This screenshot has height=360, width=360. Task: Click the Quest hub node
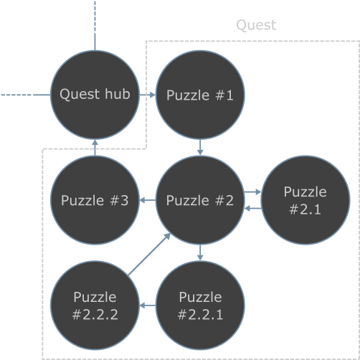(x=95, y=95)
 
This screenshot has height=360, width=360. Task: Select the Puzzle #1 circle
(x=200, y=95)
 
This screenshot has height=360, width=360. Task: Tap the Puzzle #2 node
(x=200, y=200)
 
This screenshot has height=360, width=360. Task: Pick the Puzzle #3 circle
(x=95, y=200)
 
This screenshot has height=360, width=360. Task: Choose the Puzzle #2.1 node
(x=305, y=200)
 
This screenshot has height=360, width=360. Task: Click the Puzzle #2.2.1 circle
(x=200, y=305)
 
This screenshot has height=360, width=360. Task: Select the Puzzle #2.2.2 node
(x=95, y=305)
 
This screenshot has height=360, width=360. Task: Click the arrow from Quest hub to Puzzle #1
(x=148, y=95)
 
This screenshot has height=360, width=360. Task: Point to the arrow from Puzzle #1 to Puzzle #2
(x=200, y=147)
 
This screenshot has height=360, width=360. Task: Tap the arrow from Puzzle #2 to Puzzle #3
(x=148, y=200)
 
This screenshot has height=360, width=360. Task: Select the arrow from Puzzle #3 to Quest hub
(x=95, y=148)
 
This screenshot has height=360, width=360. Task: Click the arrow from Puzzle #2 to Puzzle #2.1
(x=252, y=191)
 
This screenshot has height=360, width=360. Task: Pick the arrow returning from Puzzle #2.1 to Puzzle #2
(x=253, y=209)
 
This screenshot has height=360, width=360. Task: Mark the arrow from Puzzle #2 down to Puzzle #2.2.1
(x=200, y=252)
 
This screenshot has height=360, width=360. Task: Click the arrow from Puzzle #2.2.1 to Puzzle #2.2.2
(x=148, y=305)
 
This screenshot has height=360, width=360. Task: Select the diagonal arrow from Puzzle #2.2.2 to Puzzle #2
(x=149, y=254)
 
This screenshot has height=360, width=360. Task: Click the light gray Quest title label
(x=256, y=25)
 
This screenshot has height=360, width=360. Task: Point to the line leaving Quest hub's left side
(x=25, y=95)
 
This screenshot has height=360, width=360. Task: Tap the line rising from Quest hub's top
(x=95, y=26)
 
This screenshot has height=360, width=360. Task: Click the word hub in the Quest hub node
(x=118, y=93)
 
